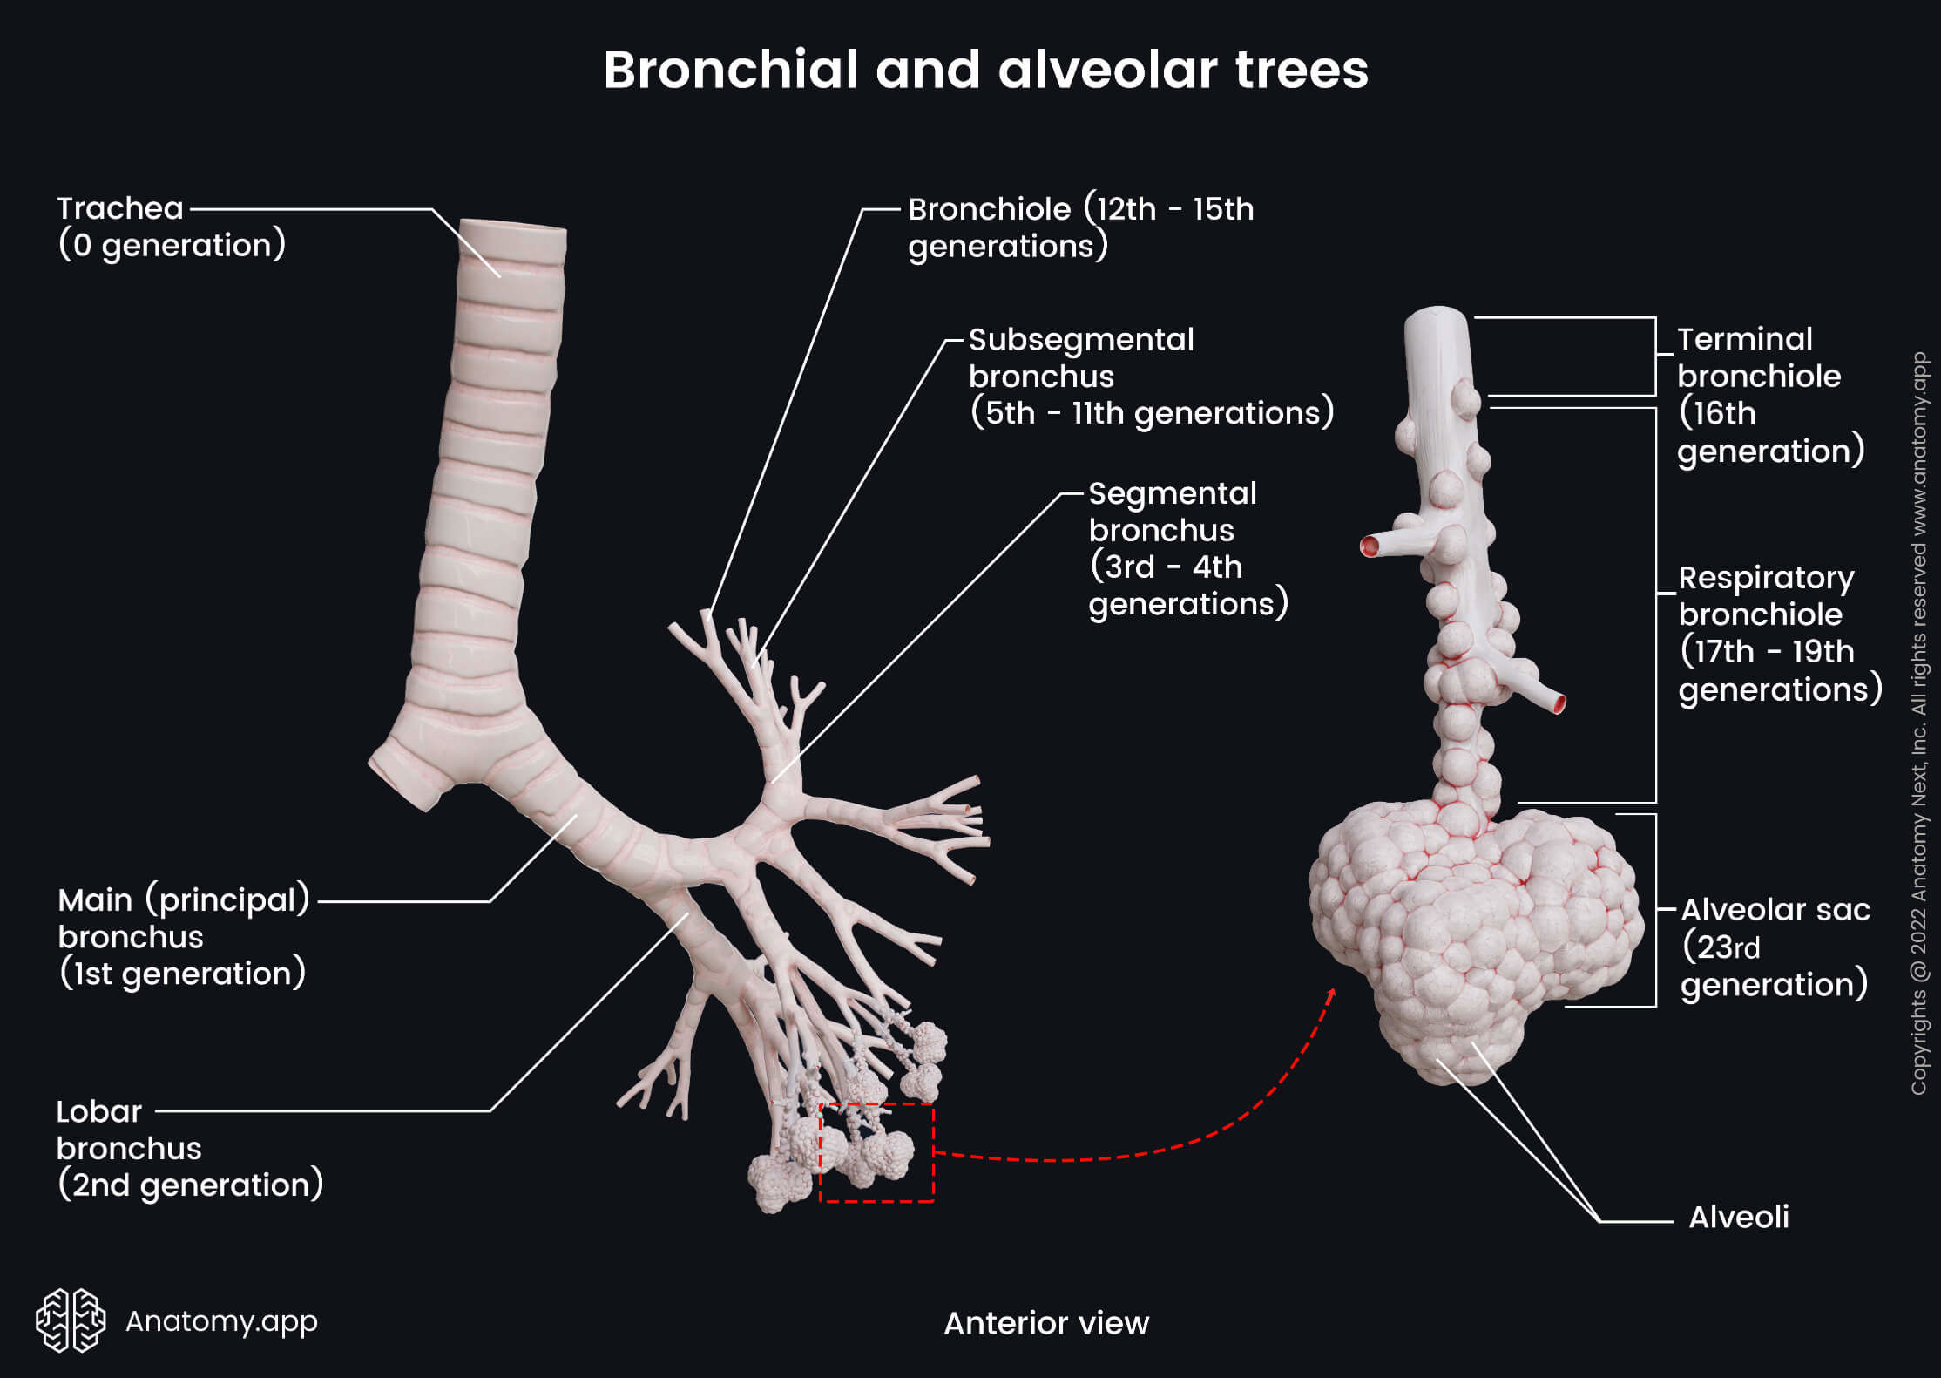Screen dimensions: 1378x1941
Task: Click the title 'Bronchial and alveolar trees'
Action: (985, 70)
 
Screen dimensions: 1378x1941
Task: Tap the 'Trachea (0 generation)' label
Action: (171, 227)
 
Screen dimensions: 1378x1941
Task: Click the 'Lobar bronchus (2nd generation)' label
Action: (189, 1148)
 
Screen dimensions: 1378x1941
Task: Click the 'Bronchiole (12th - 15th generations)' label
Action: (1080, 227)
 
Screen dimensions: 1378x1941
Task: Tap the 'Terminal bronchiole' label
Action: (1769, 395)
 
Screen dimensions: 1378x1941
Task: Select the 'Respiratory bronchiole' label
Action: (1778, 633)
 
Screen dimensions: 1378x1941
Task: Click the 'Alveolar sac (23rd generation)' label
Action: (1774, 947)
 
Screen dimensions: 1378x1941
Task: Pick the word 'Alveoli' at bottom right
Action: (1738, 1217)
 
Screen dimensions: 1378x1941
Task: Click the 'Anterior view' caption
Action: (1045, 1323)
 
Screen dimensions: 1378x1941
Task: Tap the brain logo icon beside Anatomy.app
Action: (71, 1320)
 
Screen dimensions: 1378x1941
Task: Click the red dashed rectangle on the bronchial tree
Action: (876, 1153)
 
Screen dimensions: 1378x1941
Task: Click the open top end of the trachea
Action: (513, 227)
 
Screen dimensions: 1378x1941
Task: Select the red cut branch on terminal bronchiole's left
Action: (1370, 546)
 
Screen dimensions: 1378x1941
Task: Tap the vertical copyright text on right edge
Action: (1918, 723)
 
